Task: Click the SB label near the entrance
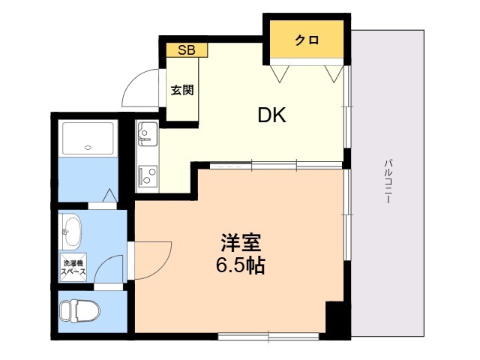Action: coord(187,50)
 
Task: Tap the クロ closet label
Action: coord(305,40)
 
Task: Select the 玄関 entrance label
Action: coord(182,91)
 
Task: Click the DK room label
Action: coord(272,115)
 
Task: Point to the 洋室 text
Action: coord(240,244)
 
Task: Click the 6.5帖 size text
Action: coord(240,265)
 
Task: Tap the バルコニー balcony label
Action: coord(388,183)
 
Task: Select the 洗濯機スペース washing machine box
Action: coord(73,268)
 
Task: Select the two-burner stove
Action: coord(147,177)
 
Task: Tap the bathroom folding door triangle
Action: coord(109,196)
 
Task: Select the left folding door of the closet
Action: coord(281,73)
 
